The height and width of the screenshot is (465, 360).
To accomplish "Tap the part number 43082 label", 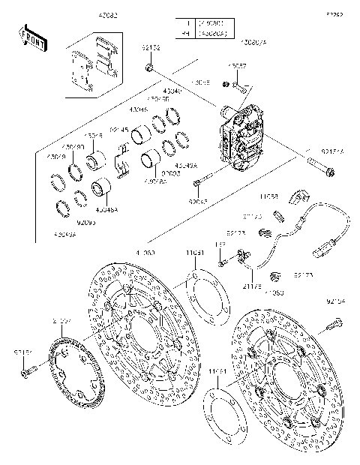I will click(x=106, y=14).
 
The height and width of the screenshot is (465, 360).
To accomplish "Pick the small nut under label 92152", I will click(x=150, y=69).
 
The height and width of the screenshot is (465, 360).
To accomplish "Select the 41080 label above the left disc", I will click(x=146, y=253).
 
